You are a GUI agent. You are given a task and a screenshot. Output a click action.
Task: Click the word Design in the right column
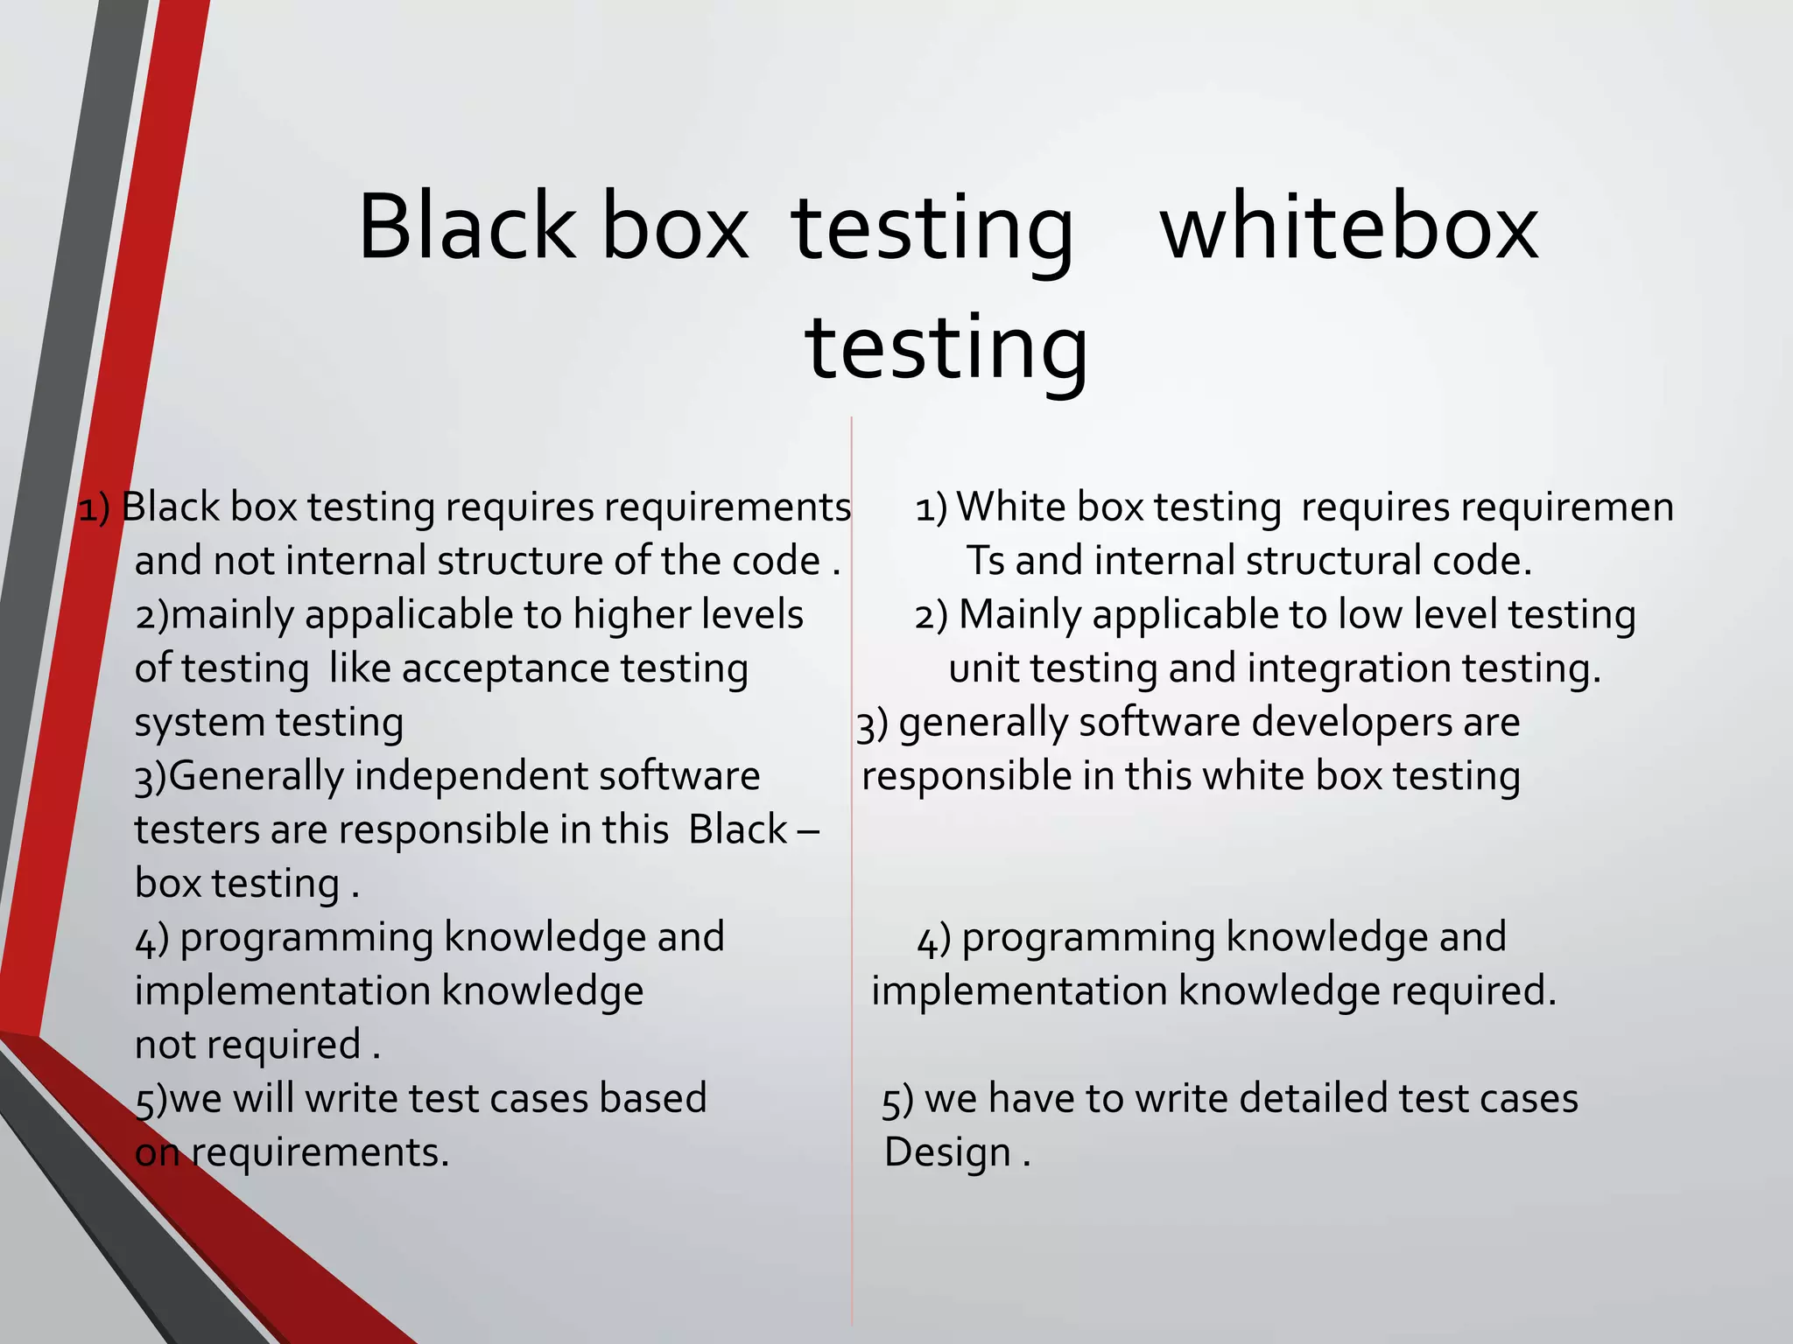click(x=947, y=1152)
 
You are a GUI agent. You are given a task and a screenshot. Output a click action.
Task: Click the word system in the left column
click(x=200, y=724)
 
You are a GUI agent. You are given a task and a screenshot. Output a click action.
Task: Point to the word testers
click(x=196, y=830)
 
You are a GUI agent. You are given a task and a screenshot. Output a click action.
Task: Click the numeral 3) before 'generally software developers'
click(x=872, y=724)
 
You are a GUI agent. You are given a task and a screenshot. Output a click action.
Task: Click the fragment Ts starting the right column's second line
click(x=985, y=562)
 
